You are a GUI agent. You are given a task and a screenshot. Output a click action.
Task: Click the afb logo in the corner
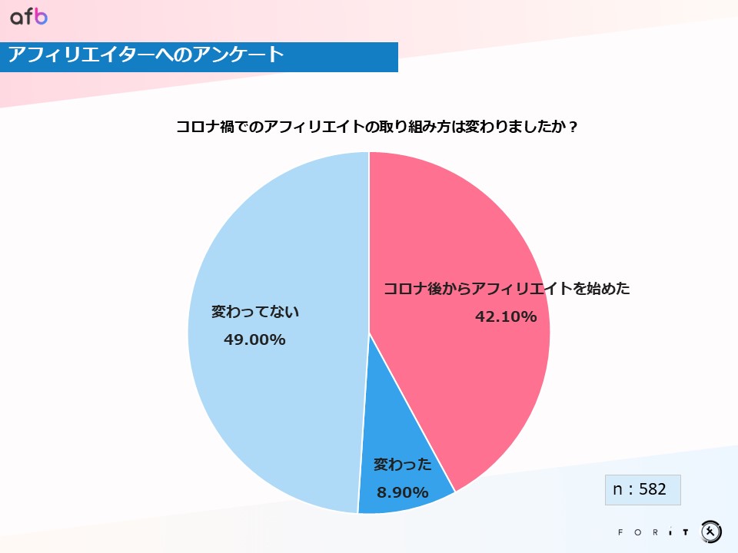coord(29,17)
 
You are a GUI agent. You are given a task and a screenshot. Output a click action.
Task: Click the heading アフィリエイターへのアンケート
coord(146,55)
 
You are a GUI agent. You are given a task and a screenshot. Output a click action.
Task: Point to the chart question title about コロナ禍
coord(377,127)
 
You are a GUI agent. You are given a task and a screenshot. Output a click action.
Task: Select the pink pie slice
coord(461,230)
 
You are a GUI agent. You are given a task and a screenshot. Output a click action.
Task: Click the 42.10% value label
coord(506,316)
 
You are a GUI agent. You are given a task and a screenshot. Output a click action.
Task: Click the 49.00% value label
coord(254,339)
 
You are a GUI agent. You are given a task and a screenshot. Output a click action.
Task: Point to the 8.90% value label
coord(402,492)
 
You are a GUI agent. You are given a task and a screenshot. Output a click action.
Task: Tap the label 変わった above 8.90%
coord(402,465)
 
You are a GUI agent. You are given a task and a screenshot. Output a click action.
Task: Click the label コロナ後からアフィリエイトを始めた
coord(507,289)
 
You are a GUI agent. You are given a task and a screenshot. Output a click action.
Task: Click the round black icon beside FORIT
coord(711,531)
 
